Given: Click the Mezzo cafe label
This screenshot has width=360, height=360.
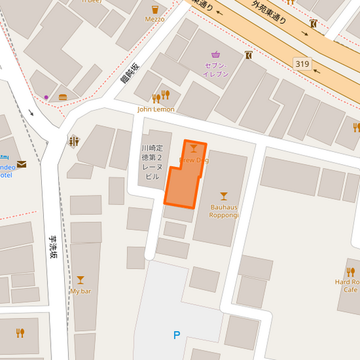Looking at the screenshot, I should point(155,20).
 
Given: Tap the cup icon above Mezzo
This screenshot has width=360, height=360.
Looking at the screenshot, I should point(155,9).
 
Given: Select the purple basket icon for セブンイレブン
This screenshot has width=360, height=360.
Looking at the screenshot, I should point(215,55).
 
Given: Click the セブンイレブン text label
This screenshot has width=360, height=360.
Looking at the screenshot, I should point(216,70).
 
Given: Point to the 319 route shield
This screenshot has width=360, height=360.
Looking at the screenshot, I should point(303,64).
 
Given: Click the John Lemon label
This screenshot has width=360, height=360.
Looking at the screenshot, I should point(156,109).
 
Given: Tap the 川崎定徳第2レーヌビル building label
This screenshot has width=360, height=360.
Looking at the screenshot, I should point(152,162).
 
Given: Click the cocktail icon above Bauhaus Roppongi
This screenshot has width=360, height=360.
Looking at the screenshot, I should point(224,197).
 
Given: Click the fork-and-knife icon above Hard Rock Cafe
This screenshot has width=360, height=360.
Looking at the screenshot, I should point(350,272).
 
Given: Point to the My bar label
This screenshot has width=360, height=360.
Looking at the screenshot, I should point(80,291).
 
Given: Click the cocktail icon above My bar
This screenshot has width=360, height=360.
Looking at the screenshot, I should point(80,280).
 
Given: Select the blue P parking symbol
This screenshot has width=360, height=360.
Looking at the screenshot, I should point(177,335).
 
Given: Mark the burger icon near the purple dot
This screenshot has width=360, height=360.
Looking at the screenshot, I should point(63,97).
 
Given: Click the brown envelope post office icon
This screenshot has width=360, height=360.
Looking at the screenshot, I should point(22,163).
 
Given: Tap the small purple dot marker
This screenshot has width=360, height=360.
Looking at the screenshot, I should point(46,97).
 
